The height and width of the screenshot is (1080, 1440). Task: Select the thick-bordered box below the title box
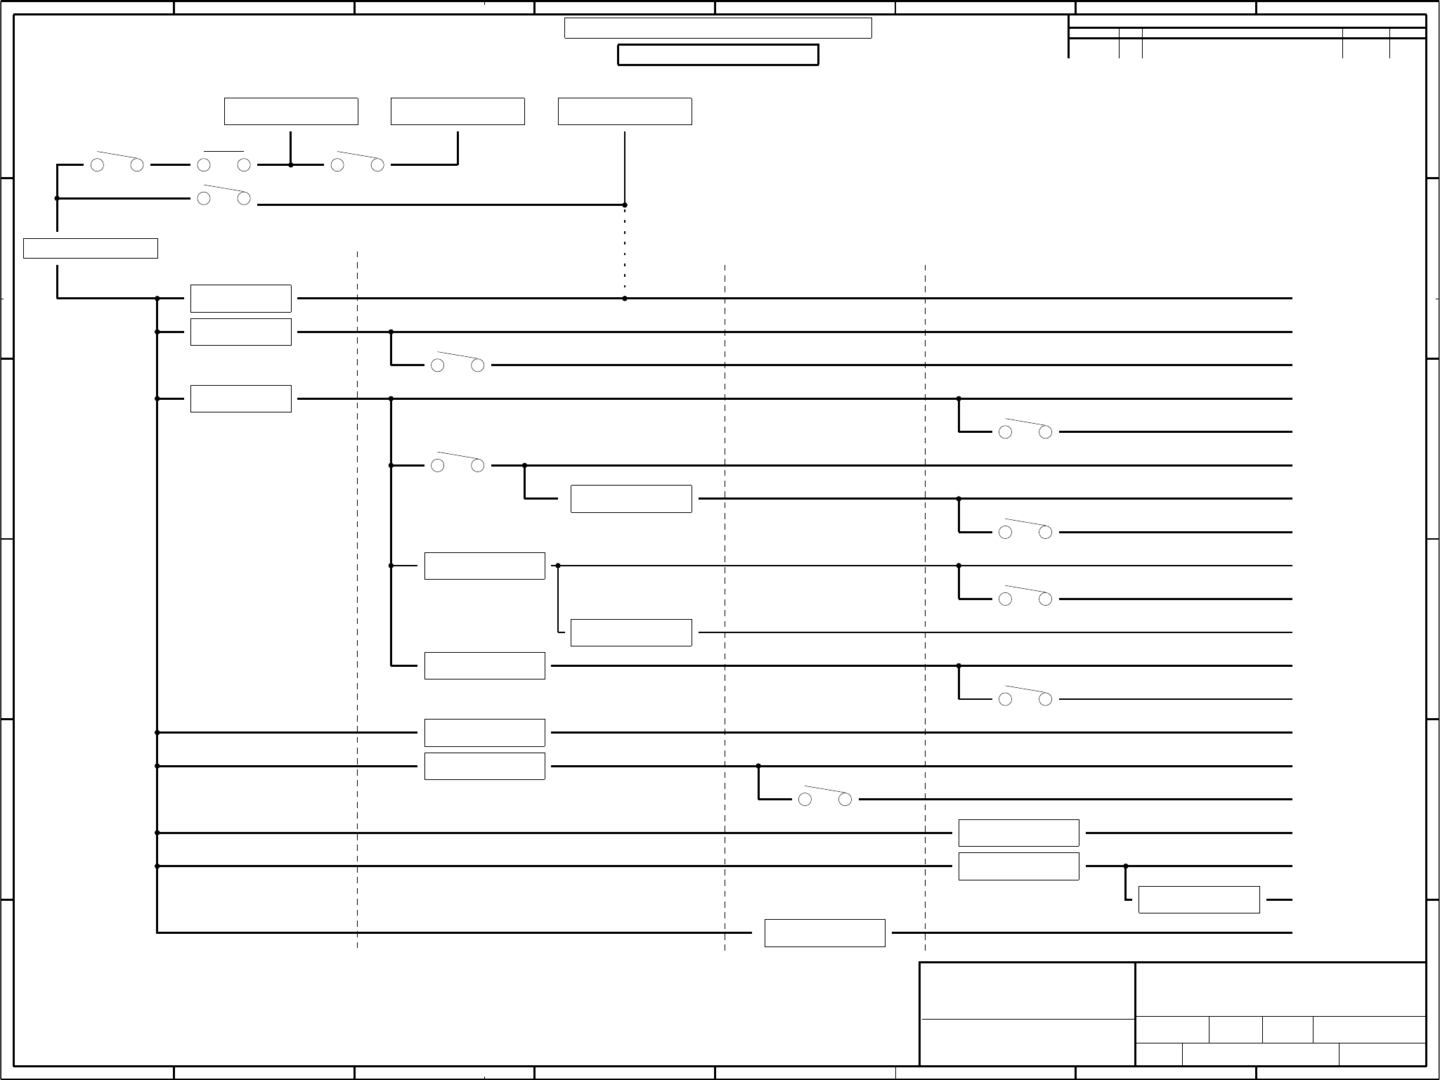point(718,55)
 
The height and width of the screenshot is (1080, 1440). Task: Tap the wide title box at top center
point(718,28)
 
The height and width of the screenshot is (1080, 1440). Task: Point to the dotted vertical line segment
point(625,252)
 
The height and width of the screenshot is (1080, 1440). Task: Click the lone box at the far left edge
point(90,249)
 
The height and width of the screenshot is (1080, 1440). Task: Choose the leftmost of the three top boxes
point(291,112)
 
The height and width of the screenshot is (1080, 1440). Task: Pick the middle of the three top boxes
point(458,112)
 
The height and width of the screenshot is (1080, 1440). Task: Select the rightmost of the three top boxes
point(625,112)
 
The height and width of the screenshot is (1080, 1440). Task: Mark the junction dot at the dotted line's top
point(625,205)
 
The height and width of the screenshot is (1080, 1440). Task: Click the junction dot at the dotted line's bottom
point(625,299)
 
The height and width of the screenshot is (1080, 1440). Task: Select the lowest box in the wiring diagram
point(824,933)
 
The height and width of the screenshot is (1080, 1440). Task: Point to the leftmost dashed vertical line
point(358,597)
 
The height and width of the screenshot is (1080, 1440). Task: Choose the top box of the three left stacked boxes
point(240,299)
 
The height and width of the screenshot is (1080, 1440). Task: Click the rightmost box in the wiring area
point(1198,900)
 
